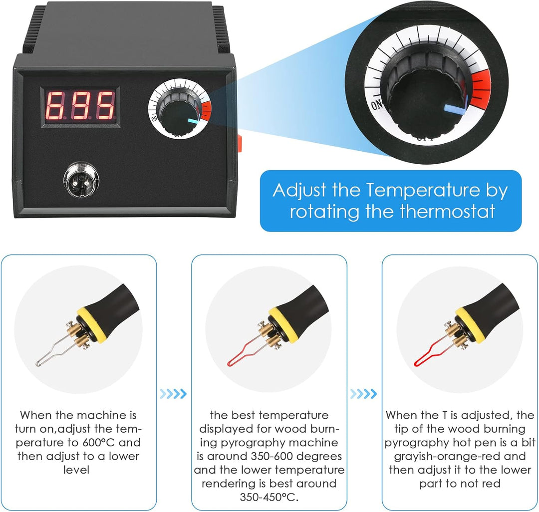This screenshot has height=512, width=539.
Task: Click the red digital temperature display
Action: pos(80,106)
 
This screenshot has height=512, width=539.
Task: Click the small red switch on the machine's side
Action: pos(240,144)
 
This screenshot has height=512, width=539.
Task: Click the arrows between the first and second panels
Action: pos(173,393)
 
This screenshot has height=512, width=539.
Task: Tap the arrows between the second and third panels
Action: pos(363,393)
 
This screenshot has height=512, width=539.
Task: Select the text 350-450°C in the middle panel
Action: pos(269,497)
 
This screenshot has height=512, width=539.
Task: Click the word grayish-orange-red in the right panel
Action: pos(460,456)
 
